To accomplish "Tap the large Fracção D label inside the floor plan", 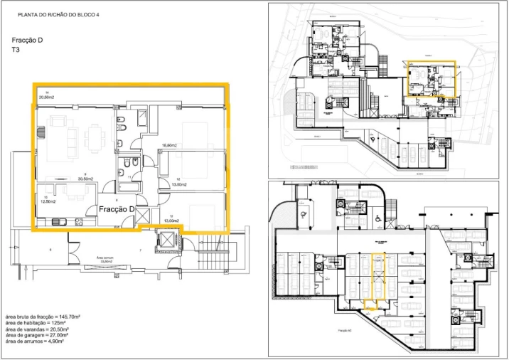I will (x=117, y=209).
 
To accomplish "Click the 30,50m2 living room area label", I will (x=87, y=176).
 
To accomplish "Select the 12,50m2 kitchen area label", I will (x=48, y=201).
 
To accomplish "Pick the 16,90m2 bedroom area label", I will (x=168, y=144).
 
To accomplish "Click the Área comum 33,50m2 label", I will (x=107, y=260).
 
